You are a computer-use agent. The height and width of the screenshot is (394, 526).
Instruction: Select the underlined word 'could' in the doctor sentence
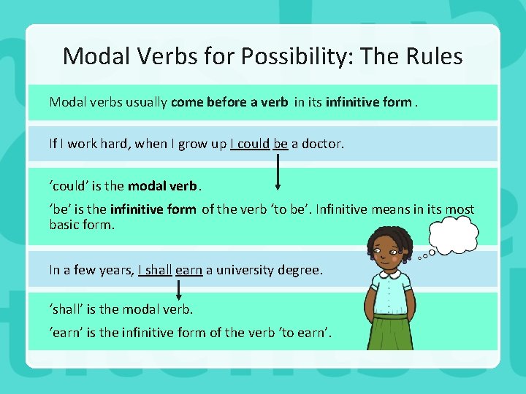click(x=254, y=144)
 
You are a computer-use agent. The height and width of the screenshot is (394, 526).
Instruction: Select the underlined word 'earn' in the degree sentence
click(x=188, y=270)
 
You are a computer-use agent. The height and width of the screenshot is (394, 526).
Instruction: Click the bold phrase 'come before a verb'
click(x=229, y=102)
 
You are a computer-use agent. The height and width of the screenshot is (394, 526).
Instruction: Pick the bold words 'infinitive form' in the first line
click(x=368, y=102)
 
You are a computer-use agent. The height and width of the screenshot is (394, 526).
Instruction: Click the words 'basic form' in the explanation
click(x=82, y=225)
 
